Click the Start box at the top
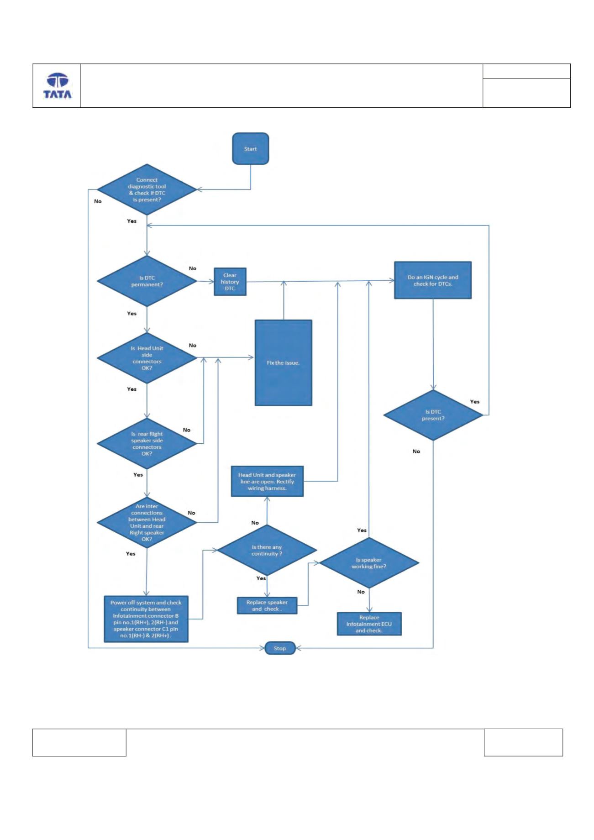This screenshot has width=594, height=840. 250,148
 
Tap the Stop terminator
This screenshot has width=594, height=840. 280,648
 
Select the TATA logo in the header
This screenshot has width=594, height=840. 58,86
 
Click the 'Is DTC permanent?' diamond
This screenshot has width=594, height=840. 147,281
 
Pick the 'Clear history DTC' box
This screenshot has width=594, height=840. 230,282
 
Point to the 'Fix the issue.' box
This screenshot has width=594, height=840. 283,362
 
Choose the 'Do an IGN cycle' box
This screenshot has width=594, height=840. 433,280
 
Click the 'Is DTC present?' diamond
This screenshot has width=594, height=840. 433,415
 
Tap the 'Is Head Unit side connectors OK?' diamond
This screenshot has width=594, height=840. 147,358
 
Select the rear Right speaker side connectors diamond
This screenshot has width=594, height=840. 147,443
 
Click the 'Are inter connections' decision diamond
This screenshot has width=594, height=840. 147,522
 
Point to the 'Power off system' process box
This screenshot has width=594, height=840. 146,619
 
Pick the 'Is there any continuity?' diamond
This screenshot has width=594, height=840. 267,550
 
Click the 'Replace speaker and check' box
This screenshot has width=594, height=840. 267,605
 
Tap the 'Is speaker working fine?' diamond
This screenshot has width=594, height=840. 369,562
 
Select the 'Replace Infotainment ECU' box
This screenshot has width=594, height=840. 369,624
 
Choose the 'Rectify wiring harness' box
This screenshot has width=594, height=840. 267,481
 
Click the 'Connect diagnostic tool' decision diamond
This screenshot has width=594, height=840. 147,189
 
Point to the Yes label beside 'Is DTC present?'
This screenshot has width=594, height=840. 475,402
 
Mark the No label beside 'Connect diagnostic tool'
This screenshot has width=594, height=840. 98,201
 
